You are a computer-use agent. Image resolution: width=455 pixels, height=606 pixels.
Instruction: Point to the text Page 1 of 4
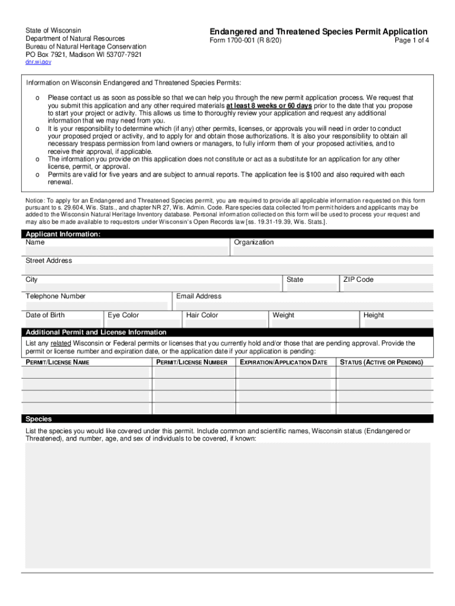click(x=411, y=41)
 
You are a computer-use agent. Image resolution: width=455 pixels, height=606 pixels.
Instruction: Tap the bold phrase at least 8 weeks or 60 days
click(x=269, y=106)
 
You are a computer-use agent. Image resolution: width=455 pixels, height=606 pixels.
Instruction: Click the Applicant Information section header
click(x=63, y=234)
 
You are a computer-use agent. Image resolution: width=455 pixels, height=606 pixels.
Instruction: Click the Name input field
click(x=125, y=251)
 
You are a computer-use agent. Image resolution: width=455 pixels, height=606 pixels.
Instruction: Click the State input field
click(x=310, y=288)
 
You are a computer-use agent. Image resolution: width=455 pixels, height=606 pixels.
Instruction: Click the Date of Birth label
click(x=45, y=315)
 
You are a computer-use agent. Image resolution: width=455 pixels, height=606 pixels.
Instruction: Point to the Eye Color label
click(x=123, y=315)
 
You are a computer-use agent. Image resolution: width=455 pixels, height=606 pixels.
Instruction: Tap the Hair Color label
click(x=202, y=315)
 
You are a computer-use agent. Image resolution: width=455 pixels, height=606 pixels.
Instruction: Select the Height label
click(x=373, y=315)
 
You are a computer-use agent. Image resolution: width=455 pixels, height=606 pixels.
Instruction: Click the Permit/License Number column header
click(x=191, y=362)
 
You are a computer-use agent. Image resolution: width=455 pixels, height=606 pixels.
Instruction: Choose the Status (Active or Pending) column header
click(x=381, y=362)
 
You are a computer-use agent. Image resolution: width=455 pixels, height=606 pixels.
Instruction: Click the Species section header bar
click(x=227, y=418)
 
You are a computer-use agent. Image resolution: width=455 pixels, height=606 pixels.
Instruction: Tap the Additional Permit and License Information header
click(x=96, y=332)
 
